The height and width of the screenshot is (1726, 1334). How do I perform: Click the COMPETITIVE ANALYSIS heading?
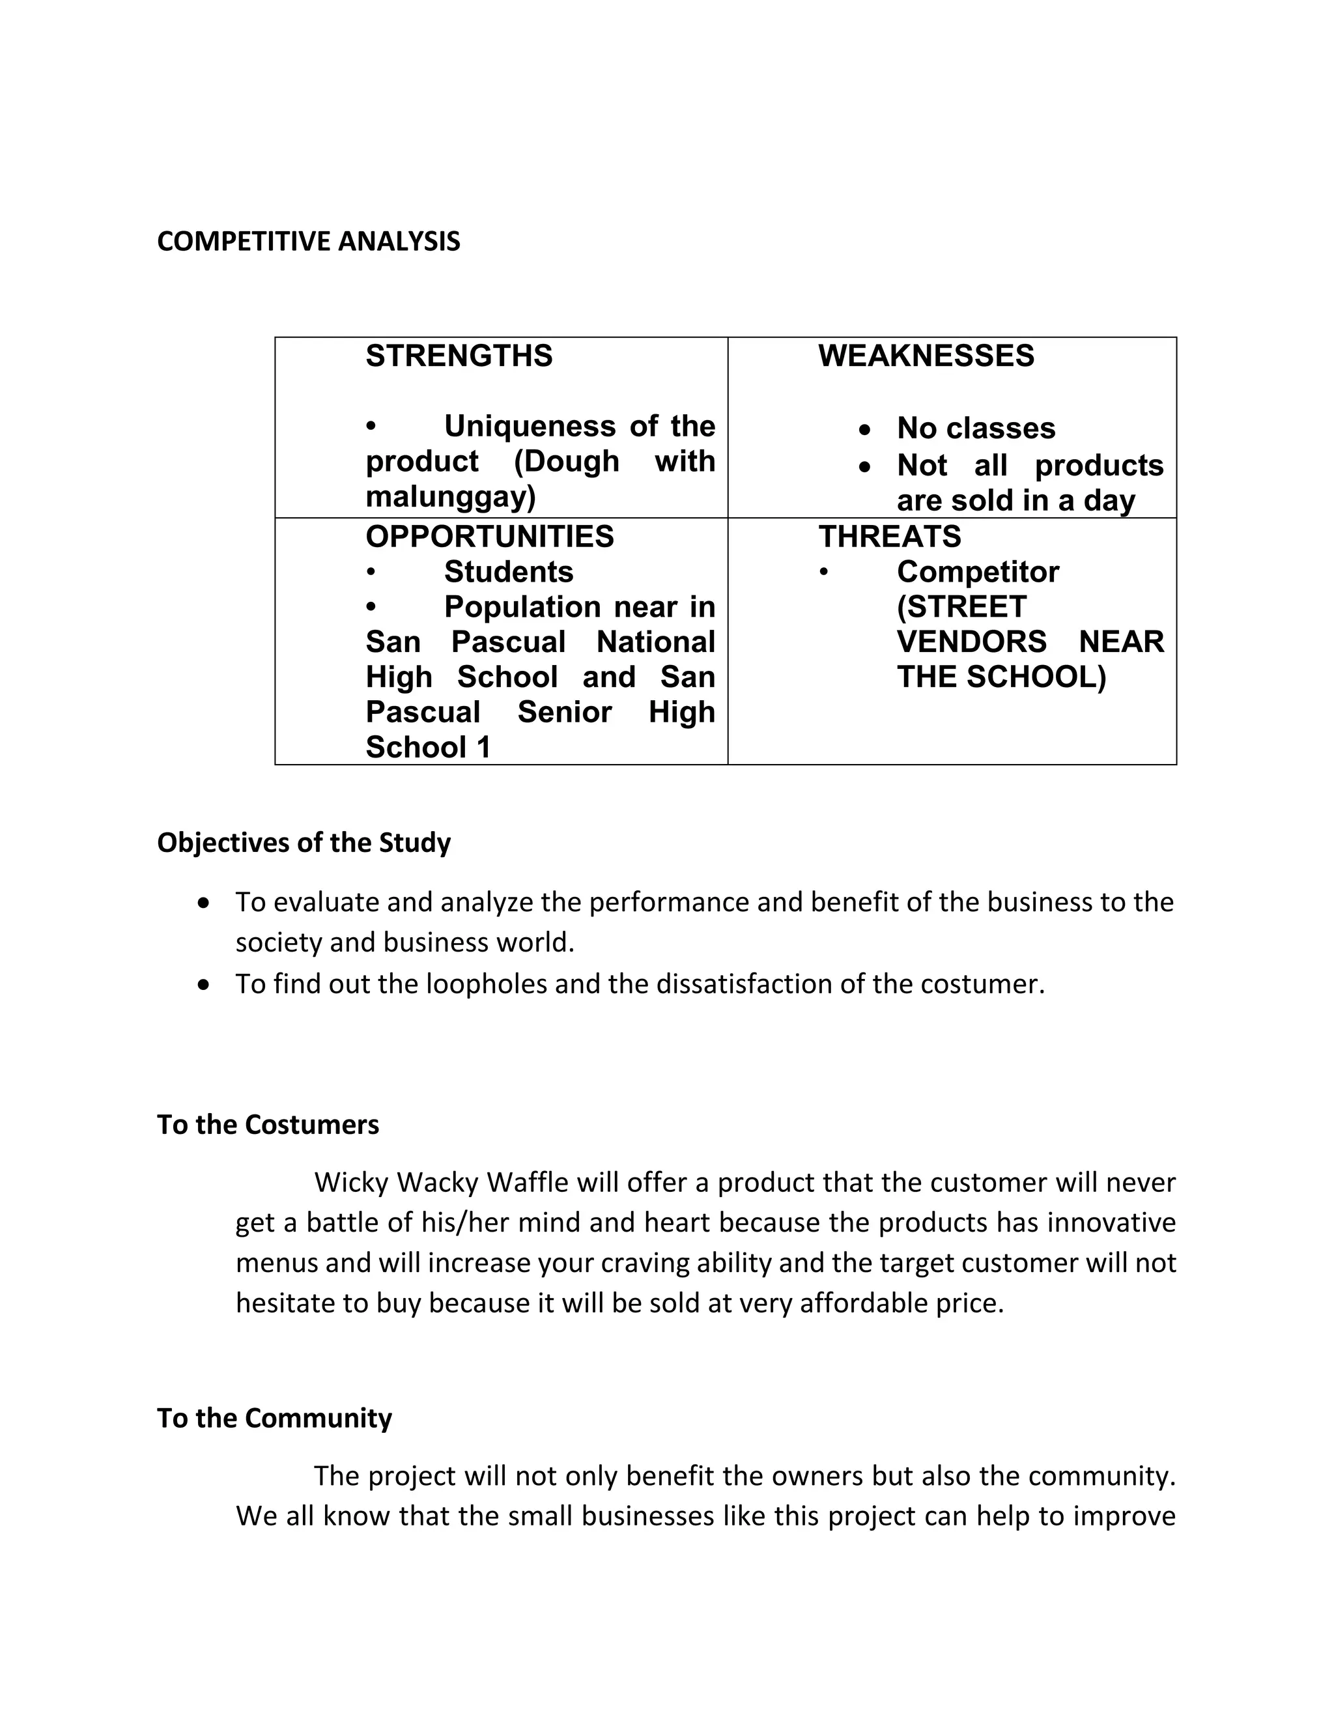point(308,241)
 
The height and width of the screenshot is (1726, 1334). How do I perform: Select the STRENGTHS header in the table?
point(459,356)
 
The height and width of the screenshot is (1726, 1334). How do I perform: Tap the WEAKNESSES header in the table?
point(926,356)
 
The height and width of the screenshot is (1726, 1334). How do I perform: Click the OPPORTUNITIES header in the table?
point(489,537)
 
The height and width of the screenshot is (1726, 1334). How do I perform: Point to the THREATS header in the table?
point(889,537)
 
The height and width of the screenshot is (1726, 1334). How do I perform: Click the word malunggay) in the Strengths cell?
point(451,497)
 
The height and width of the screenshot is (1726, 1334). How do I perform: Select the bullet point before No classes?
point(866,430)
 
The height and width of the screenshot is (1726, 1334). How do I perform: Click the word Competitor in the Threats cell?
point(978,571)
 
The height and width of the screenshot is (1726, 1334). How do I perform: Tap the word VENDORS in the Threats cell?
point(971,642)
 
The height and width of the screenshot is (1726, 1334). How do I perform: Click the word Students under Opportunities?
point(508,571)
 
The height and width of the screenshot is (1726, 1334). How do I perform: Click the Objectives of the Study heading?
point(304,842)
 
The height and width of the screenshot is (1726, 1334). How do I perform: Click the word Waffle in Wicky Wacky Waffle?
point(527,1183)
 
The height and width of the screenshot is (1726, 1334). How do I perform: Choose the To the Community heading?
point(274,1418)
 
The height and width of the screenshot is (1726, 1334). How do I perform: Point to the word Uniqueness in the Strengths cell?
point(531,427)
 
